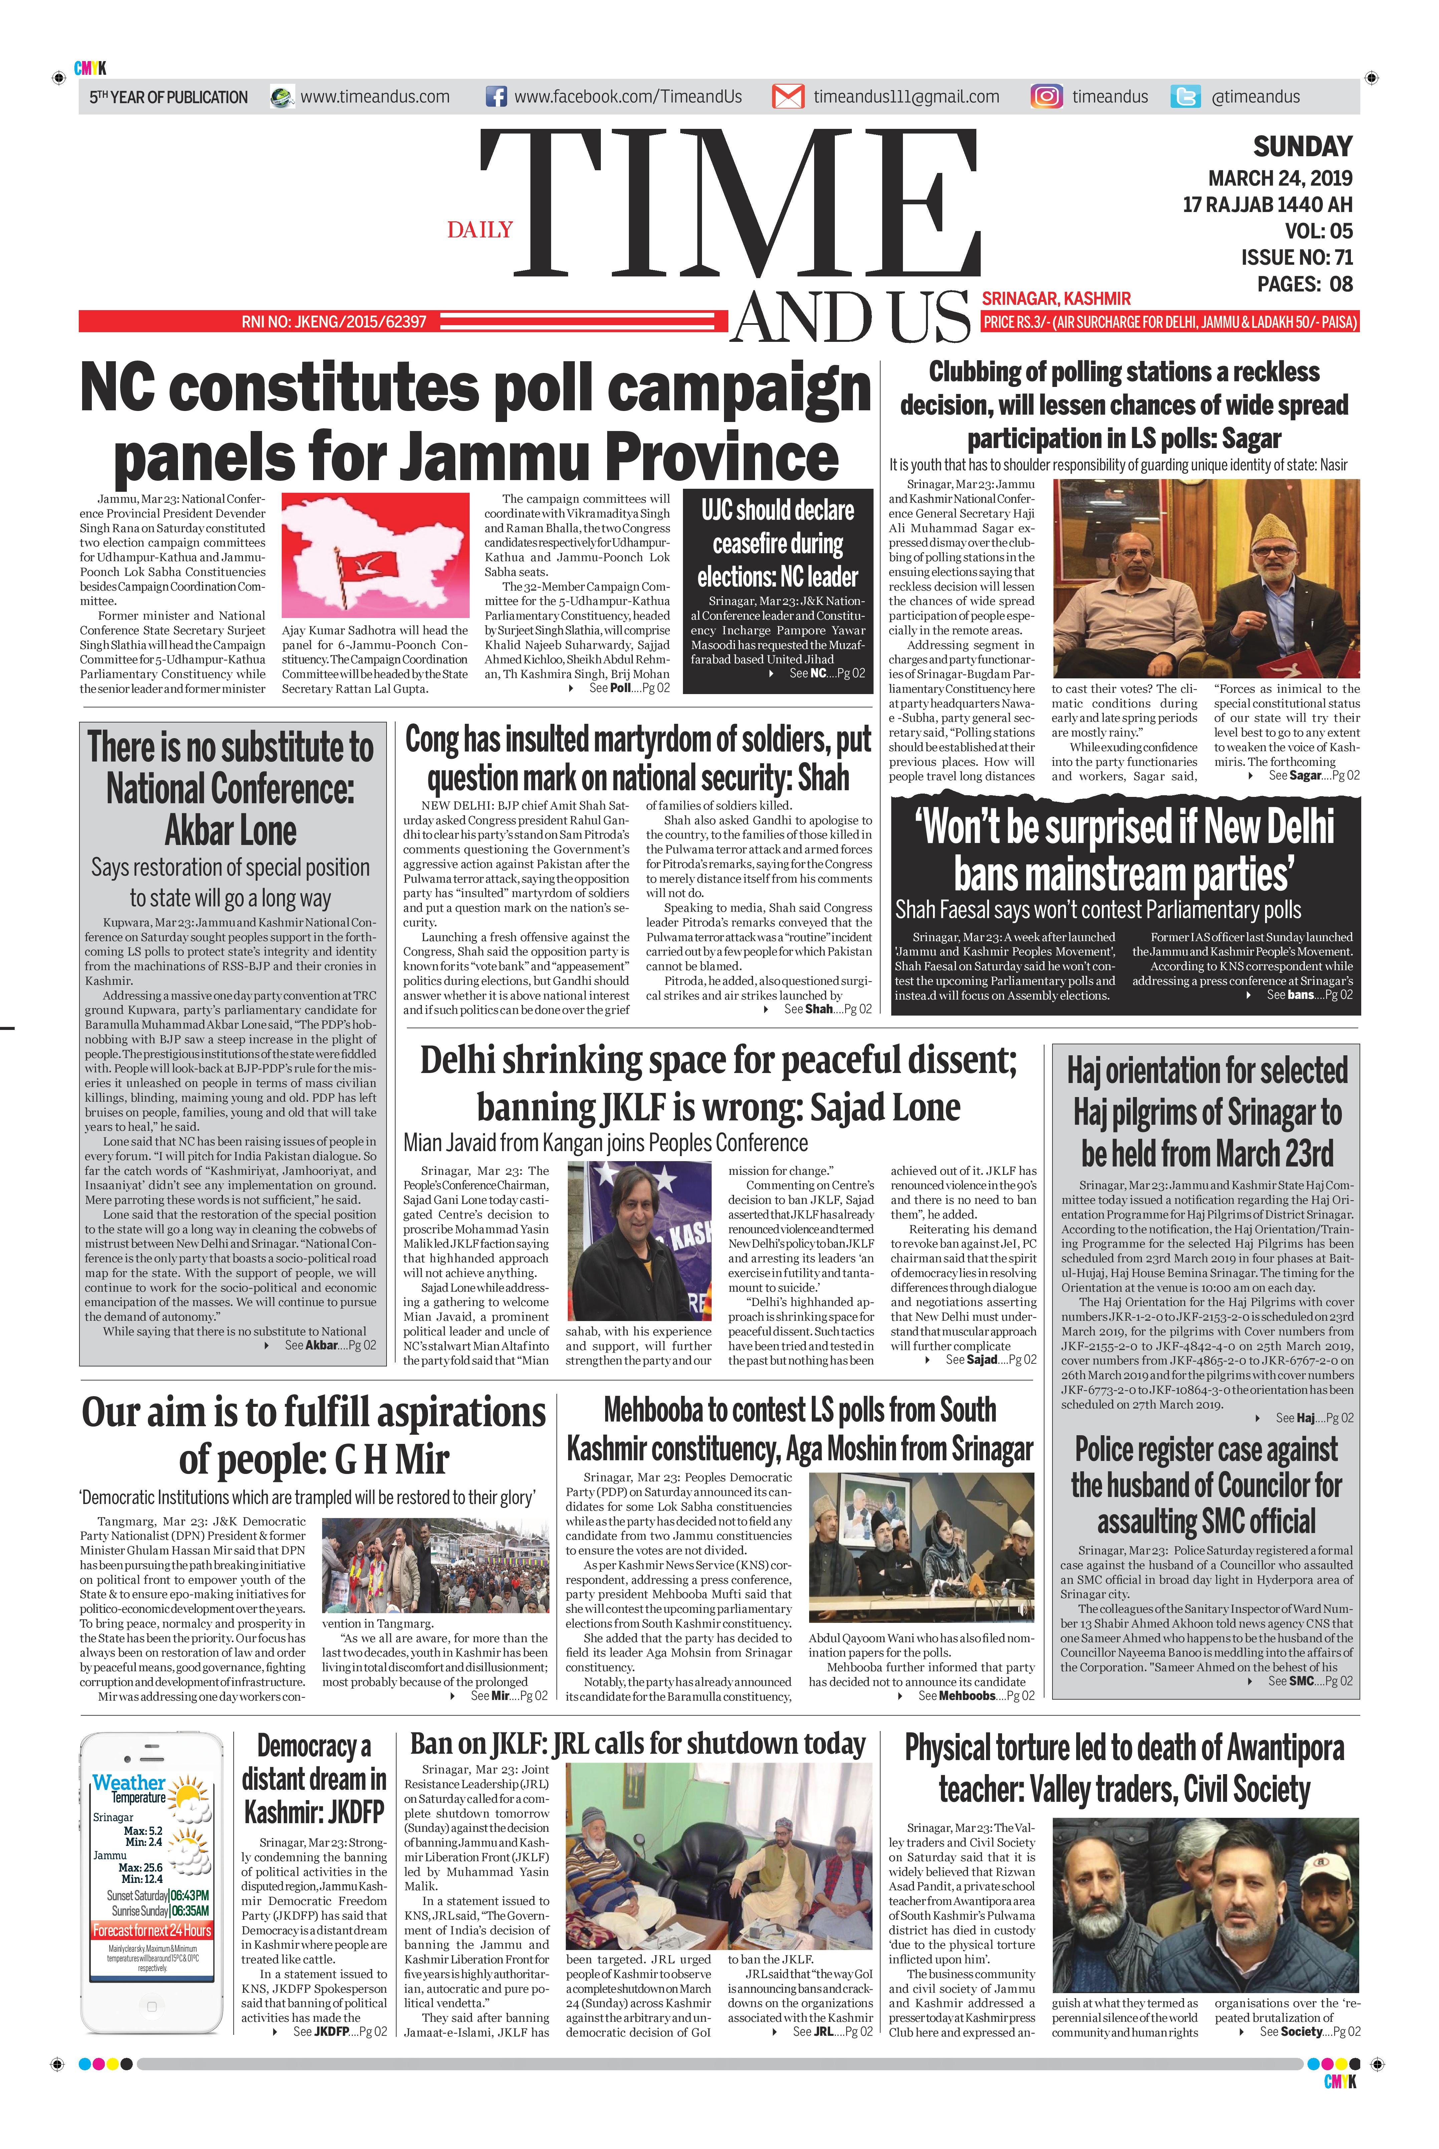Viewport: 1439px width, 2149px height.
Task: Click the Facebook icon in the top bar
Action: click(496, 96)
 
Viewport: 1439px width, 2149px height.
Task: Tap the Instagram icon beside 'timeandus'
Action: click(1046, 96)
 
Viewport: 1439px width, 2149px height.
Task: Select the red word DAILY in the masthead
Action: click(480, 229)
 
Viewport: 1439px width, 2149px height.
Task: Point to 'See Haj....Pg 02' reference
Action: click(1314, 1418)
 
